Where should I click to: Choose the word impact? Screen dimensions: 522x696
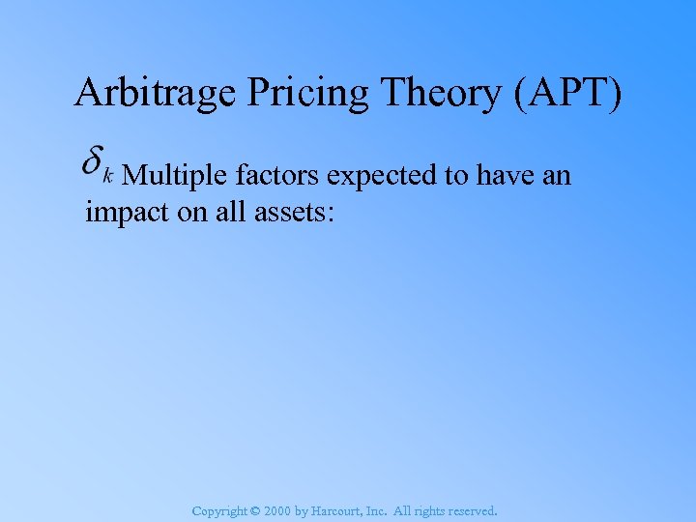(125, 212)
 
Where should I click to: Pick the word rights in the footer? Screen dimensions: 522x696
(438, 510)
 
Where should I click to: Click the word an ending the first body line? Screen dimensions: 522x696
(558, 177)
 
